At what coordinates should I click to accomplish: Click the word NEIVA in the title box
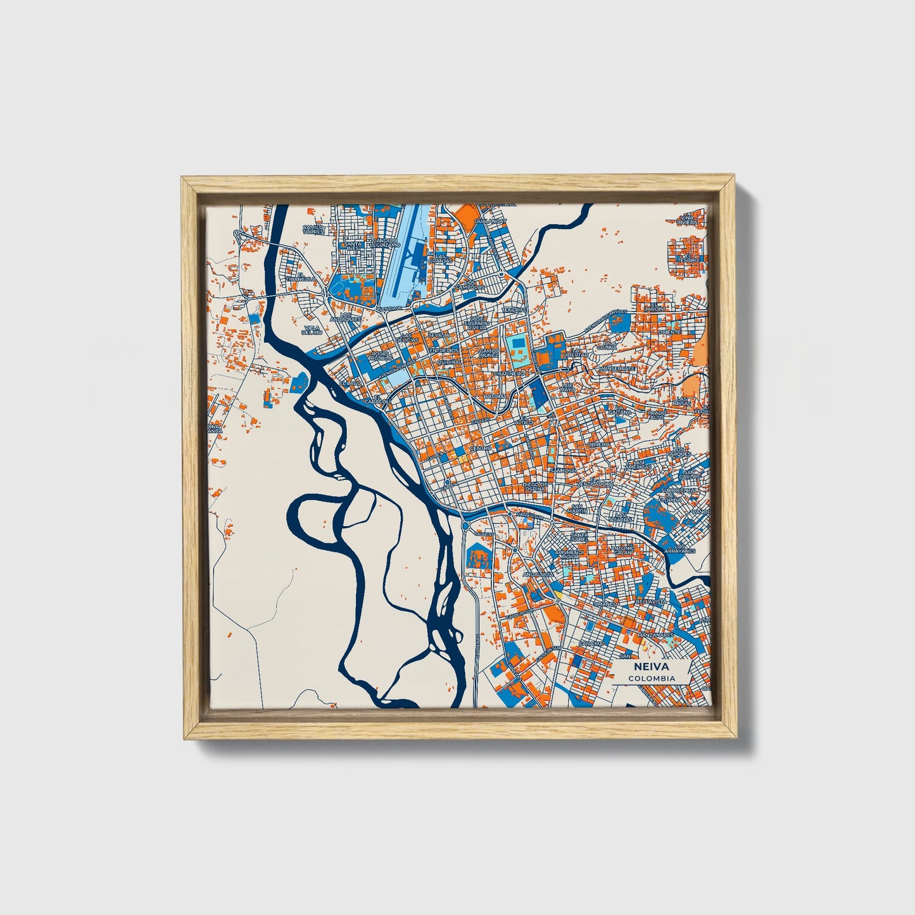[x=652, y=667]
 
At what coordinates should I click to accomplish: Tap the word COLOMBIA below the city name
[x=652, y=678]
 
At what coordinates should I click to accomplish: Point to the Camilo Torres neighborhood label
[x=313, y=229]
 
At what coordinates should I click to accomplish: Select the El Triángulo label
[x=300, y=277]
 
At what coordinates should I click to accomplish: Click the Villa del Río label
[x=312, y=329]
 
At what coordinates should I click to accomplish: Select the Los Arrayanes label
[x=684, y=548]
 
